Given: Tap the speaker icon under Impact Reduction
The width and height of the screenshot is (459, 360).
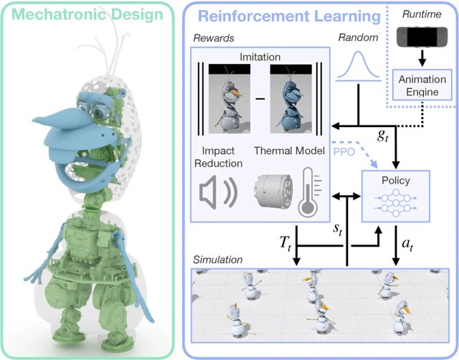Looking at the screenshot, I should click(219, 192).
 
